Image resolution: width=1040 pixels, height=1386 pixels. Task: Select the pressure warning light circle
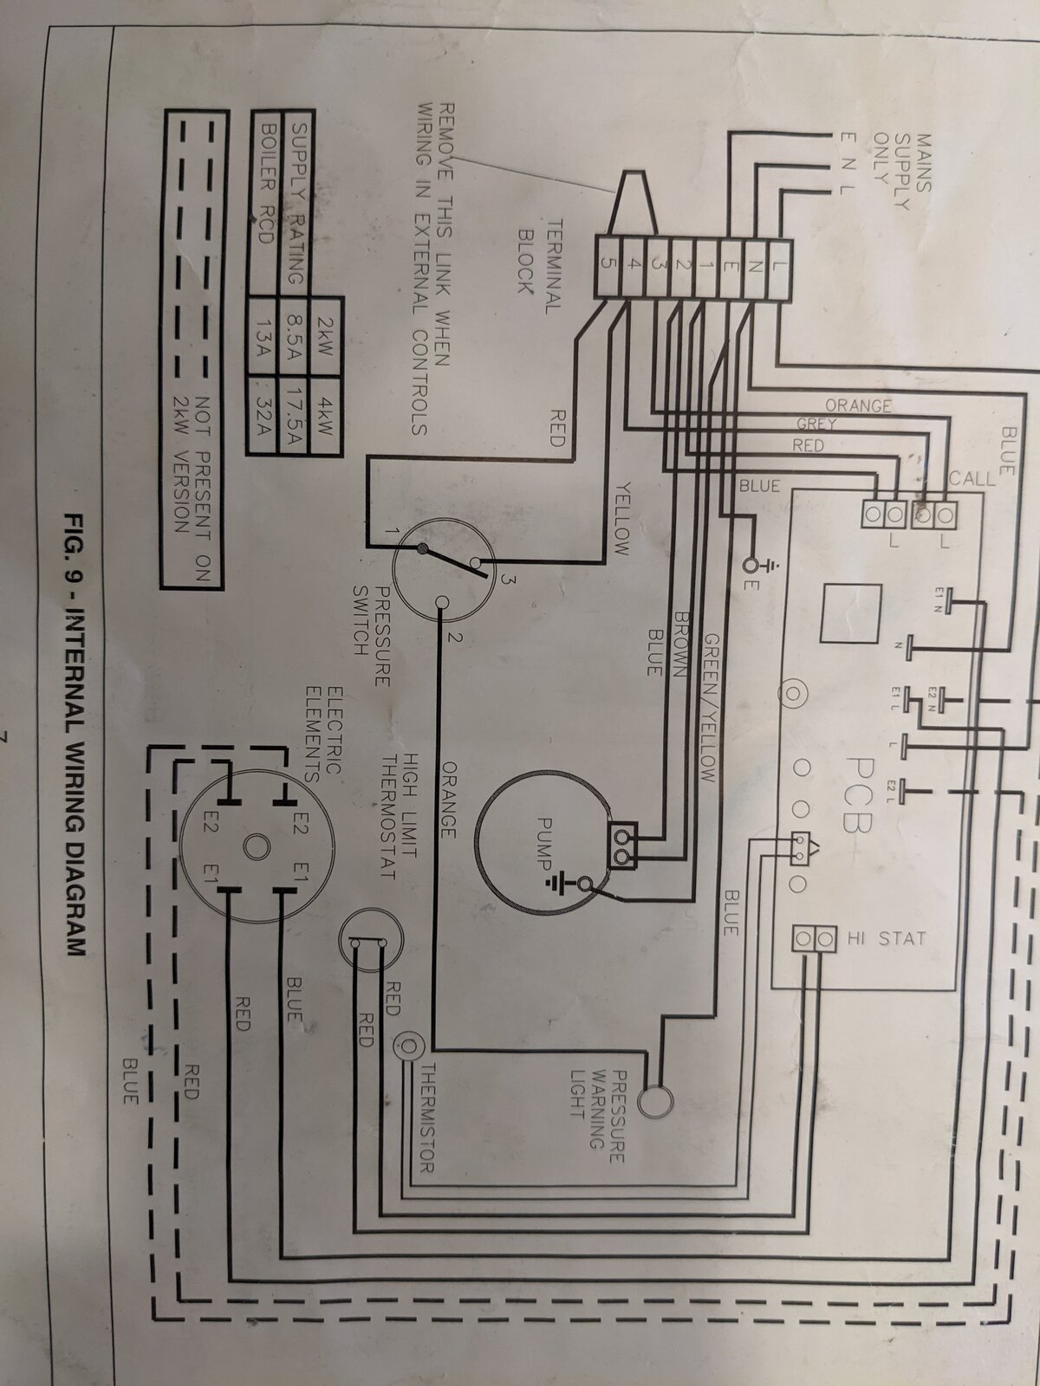click(x=655, y=1100)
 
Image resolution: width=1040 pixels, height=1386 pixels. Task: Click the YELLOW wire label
click(x=621, y=517)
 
